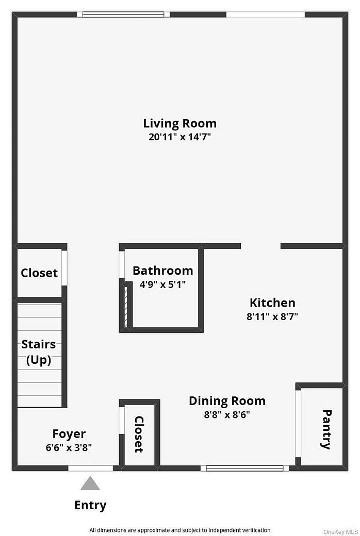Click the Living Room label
(179, 124)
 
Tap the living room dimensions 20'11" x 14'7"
(179, 137)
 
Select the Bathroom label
(162, 271)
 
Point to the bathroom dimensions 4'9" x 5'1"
(162, 283)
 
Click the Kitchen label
(272, 303)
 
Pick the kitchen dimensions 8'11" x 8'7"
(272, 316)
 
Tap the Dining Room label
(227, 401)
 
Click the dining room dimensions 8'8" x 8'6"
(227, 414)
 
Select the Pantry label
(326, 429)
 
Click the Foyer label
(69, 434)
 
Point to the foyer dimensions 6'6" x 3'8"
(69, 447)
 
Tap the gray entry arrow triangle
(90, 483)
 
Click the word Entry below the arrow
(90, 505)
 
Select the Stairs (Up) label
(39, 352)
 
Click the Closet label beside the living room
(39, 273)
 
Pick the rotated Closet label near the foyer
(139, 434)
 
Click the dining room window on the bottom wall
(245, 468)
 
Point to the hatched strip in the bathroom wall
(125, 305)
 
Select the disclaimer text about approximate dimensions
(179, 530)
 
